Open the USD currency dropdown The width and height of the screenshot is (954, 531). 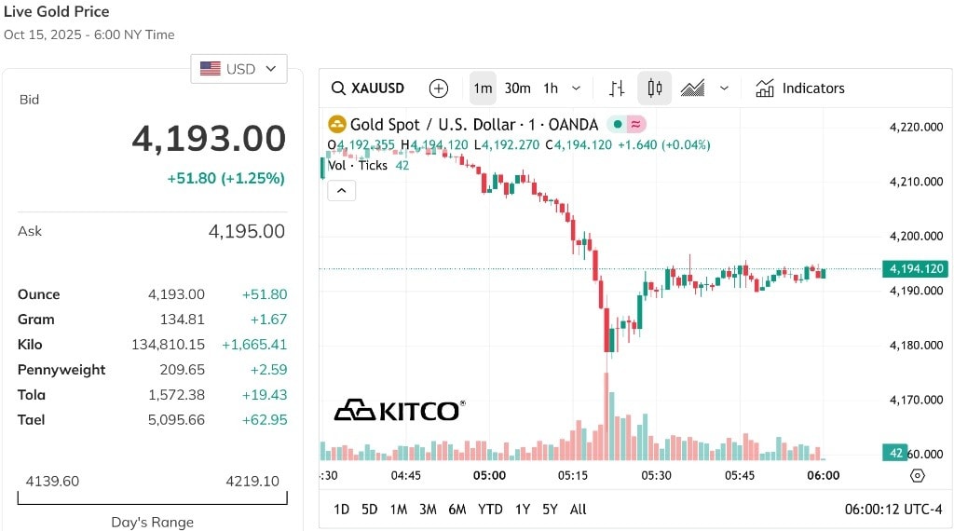pos(238,69)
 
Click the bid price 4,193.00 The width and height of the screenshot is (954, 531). pos(209,138)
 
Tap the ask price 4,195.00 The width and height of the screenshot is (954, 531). pos(246,231)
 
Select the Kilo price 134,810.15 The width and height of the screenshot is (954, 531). pos(168,345)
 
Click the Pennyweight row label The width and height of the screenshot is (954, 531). pos(61,370)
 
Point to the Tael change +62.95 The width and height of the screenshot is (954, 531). pos(264,420)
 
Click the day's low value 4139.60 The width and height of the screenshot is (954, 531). pos(52,481)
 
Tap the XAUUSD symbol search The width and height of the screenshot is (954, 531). pos(368,88)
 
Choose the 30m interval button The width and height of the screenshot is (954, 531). pos(517,88)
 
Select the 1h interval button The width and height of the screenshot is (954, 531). pos(551,88)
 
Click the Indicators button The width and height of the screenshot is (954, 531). pos(800,88)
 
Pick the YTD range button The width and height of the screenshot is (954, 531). pos(490,509)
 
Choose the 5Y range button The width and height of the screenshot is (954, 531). pos(550,509)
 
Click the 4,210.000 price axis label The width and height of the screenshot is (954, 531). pos(917,182)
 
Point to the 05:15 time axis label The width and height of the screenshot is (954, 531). pos(573,475)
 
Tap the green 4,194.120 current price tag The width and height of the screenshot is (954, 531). pos(917,268)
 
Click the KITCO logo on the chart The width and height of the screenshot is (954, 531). pos(400,411)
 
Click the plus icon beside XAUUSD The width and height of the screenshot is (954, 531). pos(438,88)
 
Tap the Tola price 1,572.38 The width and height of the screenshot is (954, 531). pos(176,395)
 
